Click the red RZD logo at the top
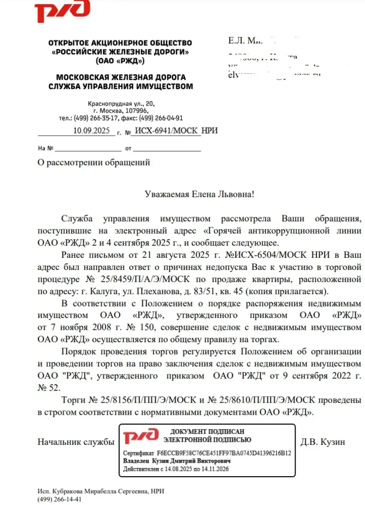(x=62, y=12)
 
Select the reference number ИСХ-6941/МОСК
(x=166, y=131)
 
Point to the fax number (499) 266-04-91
(x=161, y=118)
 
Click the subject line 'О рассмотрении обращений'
(x=94, y=163)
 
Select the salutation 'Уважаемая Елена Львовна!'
(x=200, y=194)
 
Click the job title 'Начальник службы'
(x=75, y=442)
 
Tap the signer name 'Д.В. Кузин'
(x=322, y=442)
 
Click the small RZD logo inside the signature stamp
(x=141, y=436)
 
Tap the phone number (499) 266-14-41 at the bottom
(x=60, y=499)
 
